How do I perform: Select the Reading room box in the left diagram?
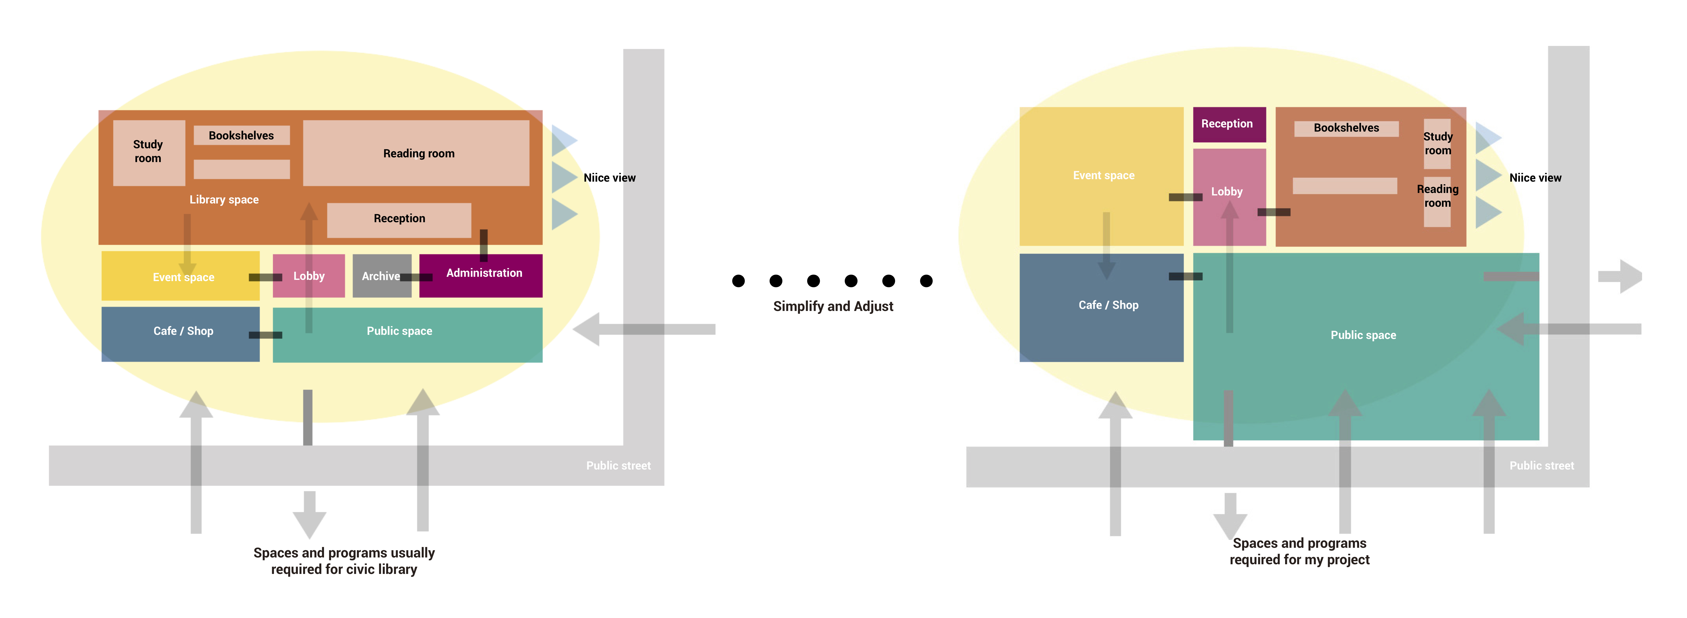417,153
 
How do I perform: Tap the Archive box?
381,276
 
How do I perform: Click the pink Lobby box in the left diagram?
309,276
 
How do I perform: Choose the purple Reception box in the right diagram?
1229,124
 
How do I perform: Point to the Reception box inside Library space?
399,219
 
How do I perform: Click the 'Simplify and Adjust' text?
833,306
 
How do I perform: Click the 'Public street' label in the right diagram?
1541,465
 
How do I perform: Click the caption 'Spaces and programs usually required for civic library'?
344,561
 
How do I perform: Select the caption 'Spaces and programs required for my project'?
1299,551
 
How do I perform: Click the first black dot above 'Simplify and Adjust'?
738,281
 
